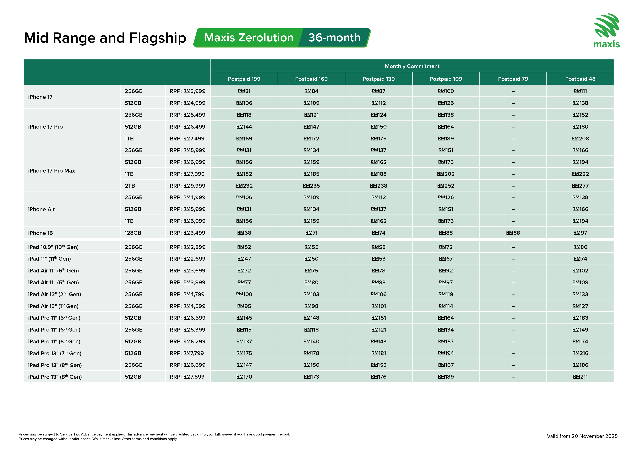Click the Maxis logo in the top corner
click(x=607, y=30)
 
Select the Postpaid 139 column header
click(x=378, y=79)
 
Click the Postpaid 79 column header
click(x=513, y=79)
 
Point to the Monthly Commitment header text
click(x=412, y=66)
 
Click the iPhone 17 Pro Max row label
click(x=52, y=171)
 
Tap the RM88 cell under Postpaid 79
click(x=513, y=233)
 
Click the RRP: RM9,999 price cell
click(x=188, y=186)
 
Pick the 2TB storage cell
click(x=130, y=186)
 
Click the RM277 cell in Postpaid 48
click(x=580, y=186)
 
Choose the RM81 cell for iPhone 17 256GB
click(x=244, y=91)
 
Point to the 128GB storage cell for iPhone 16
click(x=133, y=233)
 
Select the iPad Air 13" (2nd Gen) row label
click(x=54, y=294)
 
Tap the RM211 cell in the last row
click(x=580, y=377)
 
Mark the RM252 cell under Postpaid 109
click(x=446, y=186)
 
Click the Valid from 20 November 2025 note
click(x=582, y=436)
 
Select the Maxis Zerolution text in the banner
click(x=249, y=38)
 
